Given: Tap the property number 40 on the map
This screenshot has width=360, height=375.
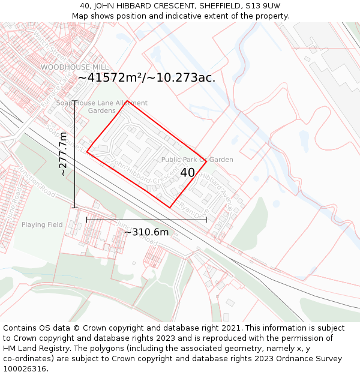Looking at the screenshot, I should tap(187, 172).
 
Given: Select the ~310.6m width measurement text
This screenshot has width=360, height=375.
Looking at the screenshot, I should tap(146, 232).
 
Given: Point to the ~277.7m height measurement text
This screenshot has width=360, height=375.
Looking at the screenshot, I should tap(64, 154).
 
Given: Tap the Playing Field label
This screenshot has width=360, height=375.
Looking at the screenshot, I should tap(42, 225).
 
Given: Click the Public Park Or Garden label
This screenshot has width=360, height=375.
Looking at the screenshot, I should tap(197, 160).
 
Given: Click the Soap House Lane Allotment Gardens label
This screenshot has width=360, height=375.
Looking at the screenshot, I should tap(102, 107).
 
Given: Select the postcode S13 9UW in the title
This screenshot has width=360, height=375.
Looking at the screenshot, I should tap(264, 5).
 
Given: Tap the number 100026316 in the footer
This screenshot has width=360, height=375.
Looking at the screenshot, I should tap(25, 369).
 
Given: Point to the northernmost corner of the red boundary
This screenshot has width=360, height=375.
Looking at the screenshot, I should tap(127, 100).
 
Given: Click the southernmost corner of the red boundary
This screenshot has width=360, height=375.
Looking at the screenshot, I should tap(170, 208).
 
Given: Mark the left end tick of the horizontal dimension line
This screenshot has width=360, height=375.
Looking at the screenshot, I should tap(87, 220).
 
